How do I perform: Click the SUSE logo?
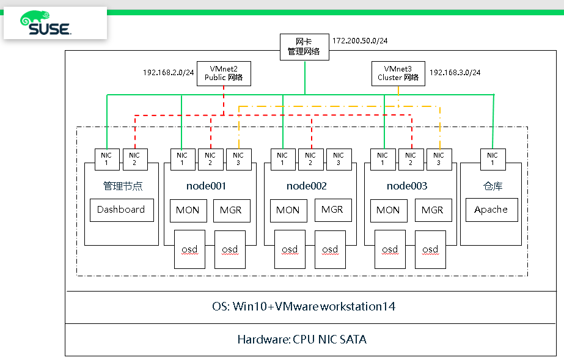pos(46,23)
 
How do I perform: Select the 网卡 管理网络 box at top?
pos(304,47)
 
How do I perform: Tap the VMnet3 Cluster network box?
pos(398,73)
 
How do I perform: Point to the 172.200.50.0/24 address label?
pos(360,41)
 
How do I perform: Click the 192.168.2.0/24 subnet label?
pos(168,72)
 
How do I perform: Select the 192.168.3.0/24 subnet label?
pos(455,72)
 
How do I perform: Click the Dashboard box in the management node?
pos(121,210)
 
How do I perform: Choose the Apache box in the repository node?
pos(491,210)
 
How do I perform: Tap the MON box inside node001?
pos(188,210)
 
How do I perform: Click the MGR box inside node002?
pos(332,210)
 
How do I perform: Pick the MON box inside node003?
pos(388,210)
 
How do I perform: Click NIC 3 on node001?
pos(238,159)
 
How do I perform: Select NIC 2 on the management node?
pos(135,159)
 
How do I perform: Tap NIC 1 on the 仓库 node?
pos(493,159)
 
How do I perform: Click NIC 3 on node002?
pos(339,159)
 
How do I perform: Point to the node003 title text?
pos(406,186)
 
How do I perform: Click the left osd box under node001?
pos(189,249)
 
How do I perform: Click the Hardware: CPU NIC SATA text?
pos(302,339)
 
